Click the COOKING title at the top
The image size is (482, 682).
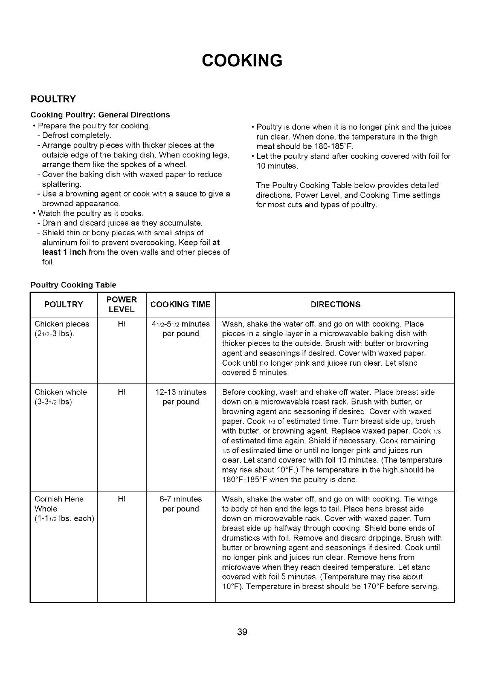(x=242, y=60)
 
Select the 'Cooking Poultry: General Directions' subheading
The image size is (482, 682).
(x=100, y=115)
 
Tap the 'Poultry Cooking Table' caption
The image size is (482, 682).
(x=73, y=285)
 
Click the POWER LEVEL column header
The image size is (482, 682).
(x=122, y=305)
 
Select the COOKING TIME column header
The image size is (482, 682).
(x=180, y=305)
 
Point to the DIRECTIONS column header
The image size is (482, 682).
(x=335, y=305)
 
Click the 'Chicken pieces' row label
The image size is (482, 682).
(x=62, y=324)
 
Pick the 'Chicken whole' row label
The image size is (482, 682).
(x=61, y=392)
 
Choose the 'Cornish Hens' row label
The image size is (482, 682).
(x=59, y=499)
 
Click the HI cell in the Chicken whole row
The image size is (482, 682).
(x=122, y=392)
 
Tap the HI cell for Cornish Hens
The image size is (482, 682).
(x=122, y=499)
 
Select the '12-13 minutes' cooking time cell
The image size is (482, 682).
(x=181, y=392)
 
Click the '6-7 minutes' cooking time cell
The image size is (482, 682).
(x=181, y=499)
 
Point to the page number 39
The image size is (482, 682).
(x=242, y=632)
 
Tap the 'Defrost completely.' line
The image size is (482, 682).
(x=77, y=135)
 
